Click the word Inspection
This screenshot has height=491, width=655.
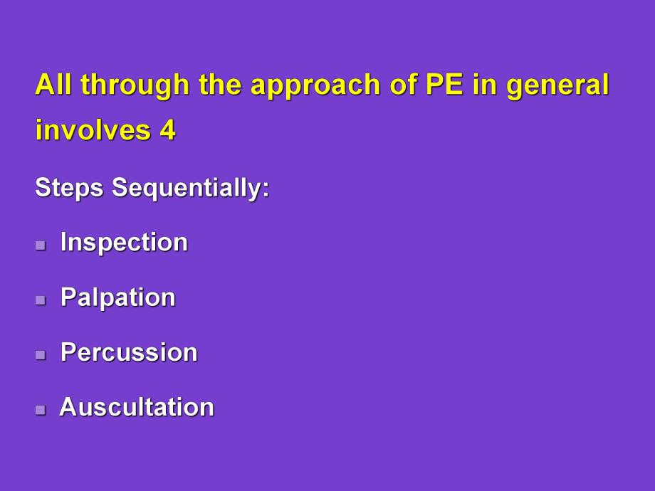(x=124, y=243)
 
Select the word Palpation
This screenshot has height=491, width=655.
(x=117, y=297)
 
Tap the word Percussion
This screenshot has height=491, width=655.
(x=129, y=352)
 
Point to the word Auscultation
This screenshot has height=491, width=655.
(x=137, y=407)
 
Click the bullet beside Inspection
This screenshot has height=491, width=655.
(x=41, y=245)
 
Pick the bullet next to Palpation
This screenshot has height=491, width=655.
(x=41, y=300)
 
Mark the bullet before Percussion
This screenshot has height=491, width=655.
(x=41, y=355)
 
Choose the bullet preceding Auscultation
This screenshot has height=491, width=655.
(x=41, y=410)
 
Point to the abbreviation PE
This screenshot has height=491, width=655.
(x=444, y=85)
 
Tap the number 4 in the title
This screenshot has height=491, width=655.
(x=167, y=131)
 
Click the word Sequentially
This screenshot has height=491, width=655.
(x=191, y=189)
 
